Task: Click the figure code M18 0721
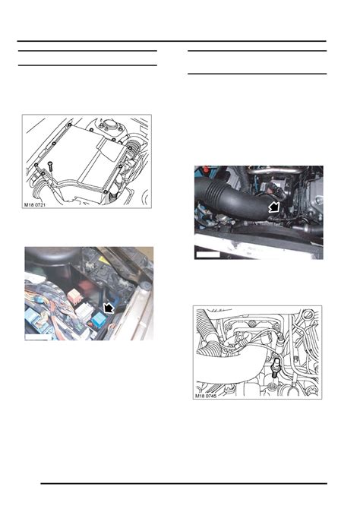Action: click(35, 205)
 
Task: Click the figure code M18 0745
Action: click(206, 396)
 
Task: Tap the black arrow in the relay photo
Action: click(108, 308)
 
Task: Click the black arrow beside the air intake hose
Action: click(275, 207)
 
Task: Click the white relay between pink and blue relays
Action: click(84, 311)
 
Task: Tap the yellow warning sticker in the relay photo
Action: click(105, 261)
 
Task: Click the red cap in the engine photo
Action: click(204, 170)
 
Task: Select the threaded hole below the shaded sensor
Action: click(272, 386)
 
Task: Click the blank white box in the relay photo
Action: click(38, 337)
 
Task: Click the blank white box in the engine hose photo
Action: click(208, 254)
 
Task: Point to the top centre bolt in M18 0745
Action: click(252, 324)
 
